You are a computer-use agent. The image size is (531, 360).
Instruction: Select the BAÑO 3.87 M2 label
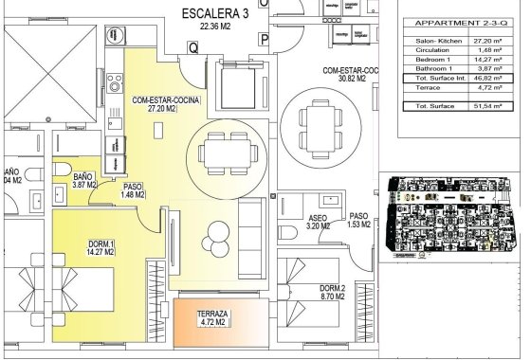pos(85,181)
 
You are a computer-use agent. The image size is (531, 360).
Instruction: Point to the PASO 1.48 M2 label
pos(133,192)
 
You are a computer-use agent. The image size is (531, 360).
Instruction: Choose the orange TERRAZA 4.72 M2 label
pos(211,318)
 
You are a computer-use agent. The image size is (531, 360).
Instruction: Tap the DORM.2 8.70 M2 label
pos(332,293)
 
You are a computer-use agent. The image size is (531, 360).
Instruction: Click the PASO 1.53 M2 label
pos(358,220)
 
